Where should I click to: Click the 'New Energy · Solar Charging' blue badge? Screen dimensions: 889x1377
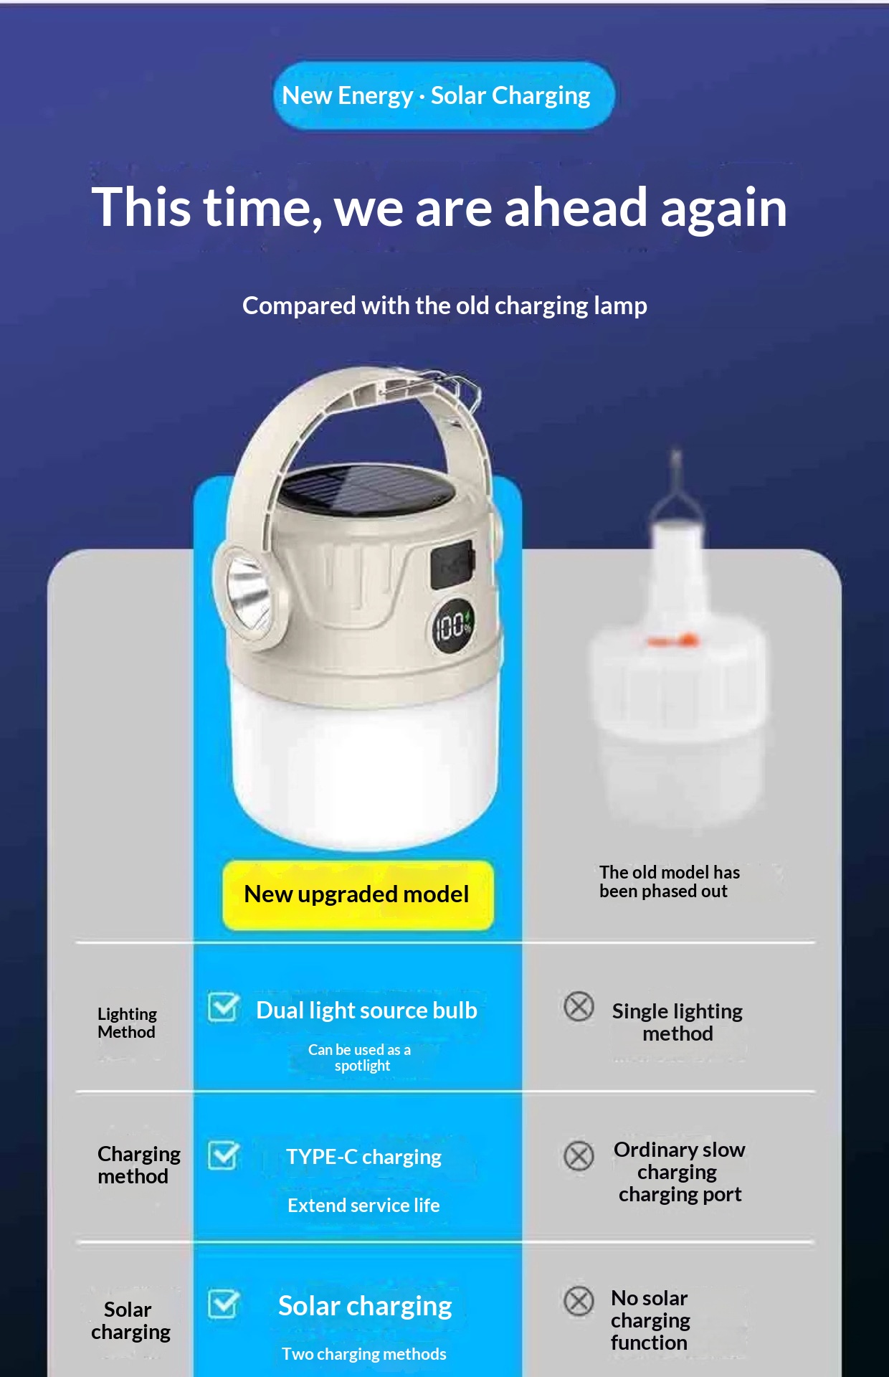tap(444, 95)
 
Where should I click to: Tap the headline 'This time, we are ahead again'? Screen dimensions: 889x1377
tap(439, 208)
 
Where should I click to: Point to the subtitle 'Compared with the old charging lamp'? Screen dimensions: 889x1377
tap(444, 306)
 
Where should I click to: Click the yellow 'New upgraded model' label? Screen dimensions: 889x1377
tap(358, 895)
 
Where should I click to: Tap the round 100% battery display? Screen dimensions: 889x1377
tap(452, 627)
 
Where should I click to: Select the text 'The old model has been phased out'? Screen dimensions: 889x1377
tap(670, 881)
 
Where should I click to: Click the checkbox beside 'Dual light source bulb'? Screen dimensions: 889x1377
tap(224, 1007)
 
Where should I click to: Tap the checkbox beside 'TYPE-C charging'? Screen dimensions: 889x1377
tap(224, 1155)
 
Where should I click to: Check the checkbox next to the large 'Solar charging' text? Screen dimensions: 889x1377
tap(224, 1303)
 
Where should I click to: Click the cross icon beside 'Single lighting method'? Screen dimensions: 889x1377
tap(579, 1006)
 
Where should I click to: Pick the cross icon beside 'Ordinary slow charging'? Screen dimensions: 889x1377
tap(579, 1155)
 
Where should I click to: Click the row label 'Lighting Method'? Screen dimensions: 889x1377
tap(127, 1023)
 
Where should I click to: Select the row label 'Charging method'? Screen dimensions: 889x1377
tap(139, 1165)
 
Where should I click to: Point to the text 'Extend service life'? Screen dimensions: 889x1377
tap(363, 1206)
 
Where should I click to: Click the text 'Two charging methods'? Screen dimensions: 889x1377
tap(363, 1354)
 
